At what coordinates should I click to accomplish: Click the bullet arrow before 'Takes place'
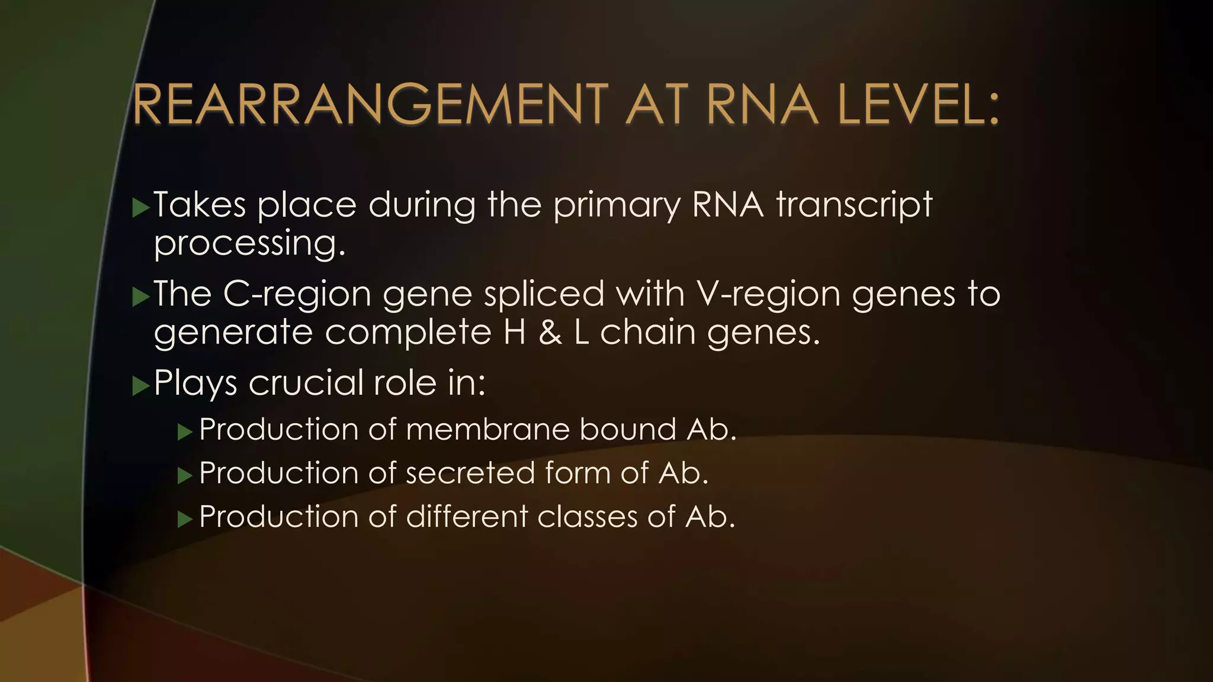(x=141, y=208)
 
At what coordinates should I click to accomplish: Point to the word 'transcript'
(x=854, y=205)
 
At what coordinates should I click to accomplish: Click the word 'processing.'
(x=249, y=244)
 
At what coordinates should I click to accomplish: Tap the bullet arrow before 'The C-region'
(x=141, y=297)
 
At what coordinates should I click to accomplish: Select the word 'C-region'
(x=297, y=294)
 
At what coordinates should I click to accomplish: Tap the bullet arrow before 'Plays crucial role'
(x=141, y=387)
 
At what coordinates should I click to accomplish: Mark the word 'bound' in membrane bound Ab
(x=627, y=429)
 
